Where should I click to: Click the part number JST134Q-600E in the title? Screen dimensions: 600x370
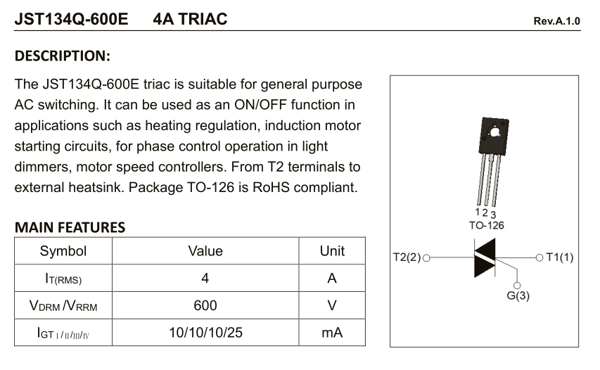coord(71,19)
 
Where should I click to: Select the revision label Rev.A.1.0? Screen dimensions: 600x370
coord(557,21)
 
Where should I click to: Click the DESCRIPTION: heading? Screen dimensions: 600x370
coord(63,56)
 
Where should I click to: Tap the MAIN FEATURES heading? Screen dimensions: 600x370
coord(70,227)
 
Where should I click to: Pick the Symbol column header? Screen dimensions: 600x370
coord(63,251)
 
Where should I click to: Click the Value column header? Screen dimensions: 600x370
coord(205,251)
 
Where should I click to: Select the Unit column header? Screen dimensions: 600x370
coord(332,251)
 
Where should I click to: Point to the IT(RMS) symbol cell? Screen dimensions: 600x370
coord(63,279)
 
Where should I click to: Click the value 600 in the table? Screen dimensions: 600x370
coord(205,305)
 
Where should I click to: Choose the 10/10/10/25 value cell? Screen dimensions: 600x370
coord(205,333)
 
